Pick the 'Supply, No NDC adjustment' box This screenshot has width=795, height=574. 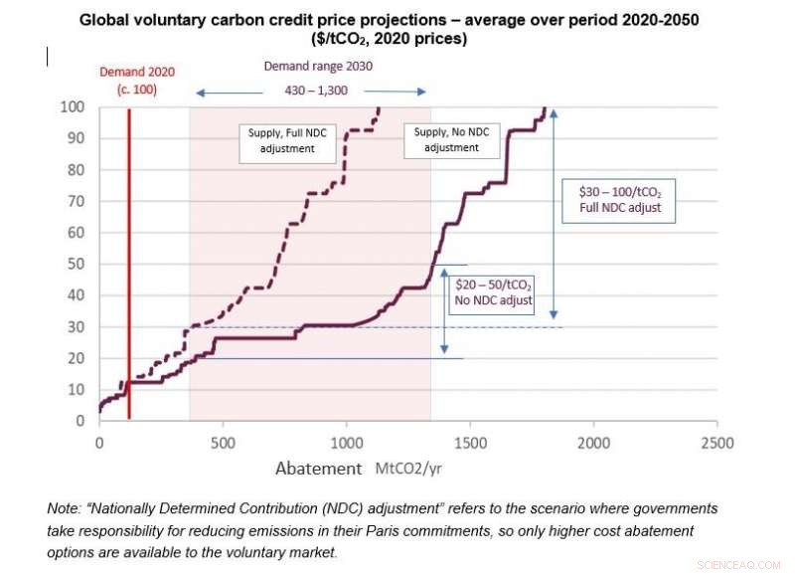coord(451,139)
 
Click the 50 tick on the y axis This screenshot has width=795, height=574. coord(76,264)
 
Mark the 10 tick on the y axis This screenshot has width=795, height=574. coord(76,390)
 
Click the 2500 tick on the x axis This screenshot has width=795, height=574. coord(716,443)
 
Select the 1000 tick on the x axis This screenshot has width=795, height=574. coord(346,443)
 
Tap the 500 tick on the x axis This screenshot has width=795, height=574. coord(223,443)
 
